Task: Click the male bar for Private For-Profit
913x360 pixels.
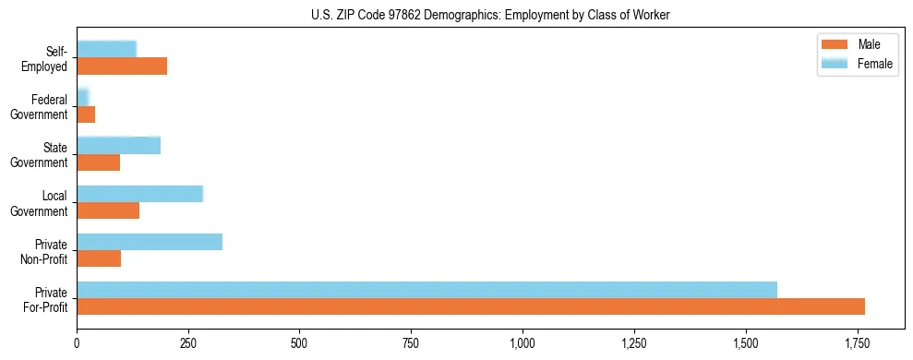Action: (471, 306)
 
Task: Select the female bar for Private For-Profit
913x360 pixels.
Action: (426, 290)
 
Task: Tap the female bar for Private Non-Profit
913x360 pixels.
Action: (150, 242)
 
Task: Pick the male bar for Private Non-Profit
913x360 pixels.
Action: (99, 258)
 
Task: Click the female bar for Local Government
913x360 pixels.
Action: (139, 194)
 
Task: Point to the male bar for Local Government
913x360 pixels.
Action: (108, 210)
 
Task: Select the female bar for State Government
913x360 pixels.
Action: (118, 146)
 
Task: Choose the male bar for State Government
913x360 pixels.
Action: (98, 162)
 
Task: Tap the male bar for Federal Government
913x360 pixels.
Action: (86, 114)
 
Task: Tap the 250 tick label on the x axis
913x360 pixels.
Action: (188, 343)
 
